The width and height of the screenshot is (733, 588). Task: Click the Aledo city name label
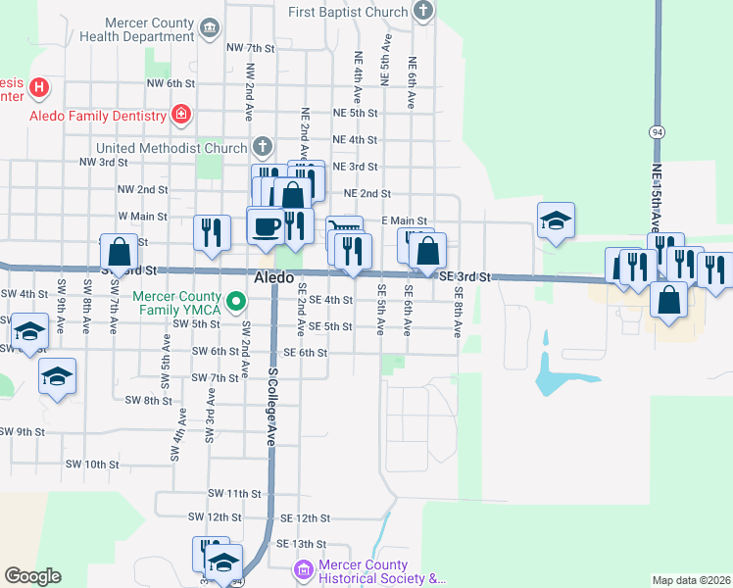(274, 278)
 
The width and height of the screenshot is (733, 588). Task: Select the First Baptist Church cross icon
(422, 12)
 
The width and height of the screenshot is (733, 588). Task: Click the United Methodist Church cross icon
(262, 148)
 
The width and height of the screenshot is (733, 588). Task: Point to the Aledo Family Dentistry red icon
(180, 116)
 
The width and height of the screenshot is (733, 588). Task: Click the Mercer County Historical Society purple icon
(304, 569)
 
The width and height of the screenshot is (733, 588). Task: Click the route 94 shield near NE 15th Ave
(657, 131)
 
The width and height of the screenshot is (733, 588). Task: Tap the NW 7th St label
(250, 47)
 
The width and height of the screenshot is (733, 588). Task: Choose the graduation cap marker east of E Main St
(556, 221)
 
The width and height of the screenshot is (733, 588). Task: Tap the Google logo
(33, 575)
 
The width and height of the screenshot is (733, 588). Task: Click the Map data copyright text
(691, 580)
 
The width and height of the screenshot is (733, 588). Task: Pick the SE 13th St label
(300, 543)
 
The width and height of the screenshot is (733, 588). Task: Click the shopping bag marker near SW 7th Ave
(120, 254)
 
